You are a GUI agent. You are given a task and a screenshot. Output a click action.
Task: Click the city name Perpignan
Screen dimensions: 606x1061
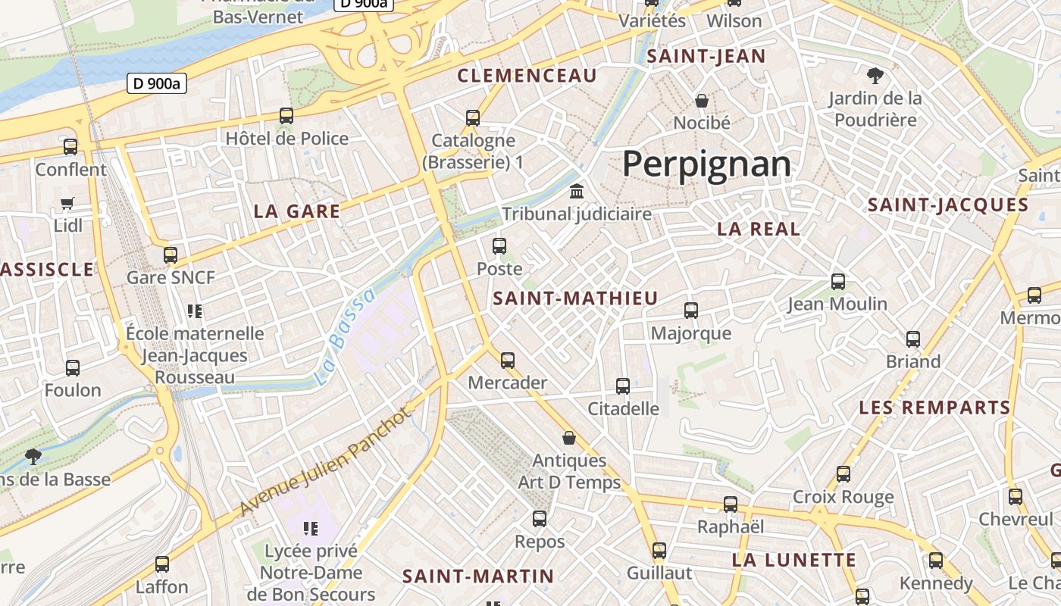pyautogui.click(x=706, y=164)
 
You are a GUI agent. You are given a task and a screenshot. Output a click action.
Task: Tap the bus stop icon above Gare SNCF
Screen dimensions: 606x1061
pyautogui.click(x=171, y=255)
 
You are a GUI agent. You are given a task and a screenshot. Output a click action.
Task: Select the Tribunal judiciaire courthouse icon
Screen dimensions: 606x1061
pyautogui.click(x=577, y=191)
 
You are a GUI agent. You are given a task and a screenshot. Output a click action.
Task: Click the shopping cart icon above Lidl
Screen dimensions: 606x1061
pyautogui.click(x=67, y=203)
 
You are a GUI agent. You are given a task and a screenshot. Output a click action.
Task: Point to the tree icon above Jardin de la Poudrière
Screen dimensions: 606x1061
pyautogui.click(x=875, y=75)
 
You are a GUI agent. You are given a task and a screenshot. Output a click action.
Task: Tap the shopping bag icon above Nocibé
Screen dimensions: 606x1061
pyautogui.click(x=702, y=100)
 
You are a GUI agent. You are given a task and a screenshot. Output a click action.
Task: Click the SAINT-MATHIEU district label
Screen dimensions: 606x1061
pyautogui.click(x=575, y=298)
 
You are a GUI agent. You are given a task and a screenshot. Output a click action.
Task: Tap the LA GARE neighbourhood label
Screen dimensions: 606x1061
pyautogui.click(x=297, y=211)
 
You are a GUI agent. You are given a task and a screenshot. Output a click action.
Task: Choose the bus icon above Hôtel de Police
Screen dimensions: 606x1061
pyautogui.click(x=286, y=116)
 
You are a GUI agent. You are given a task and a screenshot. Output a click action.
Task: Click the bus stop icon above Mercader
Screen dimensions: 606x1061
pyautogui.click(x=508, y=360)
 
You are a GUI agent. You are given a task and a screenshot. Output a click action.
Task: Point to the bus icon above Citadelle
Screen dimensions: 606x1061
pyautogui.click(x=623, y=386)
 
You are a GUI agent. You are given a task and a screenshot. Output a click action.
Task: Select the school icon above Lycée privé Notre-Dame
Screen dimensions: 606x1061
pyautogui.click(x=310, y=528)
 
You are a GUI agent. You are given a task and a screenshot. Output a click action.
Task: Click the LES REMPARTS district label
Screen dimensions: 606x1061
pyautogui.click(x=934, y=408)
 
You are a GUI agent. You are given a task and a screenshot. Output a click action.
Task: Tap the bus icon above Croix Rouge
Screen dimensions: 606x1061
pyautogui.click(x=843, y=474)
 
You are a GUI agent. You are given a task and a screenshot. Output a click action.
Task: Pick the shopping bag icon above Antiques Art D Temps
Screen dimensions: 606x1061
pyautogui.click(x=569, y=438)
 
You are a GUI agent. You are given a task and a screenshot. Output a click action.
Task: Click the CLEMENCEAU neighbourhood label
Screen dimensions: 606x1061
pyautogui.click(x=527, y=76)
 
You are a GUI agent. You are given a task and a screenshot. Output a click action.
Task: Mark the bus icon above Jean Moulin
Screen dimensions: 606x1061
pyautogui.click(x=837, y=281)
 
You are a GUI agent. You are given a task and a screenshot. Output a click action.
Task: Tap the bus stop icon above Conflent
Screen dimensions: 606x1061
pyautogui.click(x=70, y=147)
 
